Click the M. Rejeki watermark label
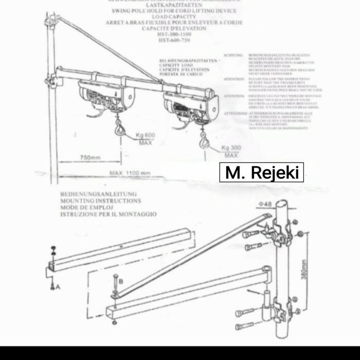[x=262, y=172]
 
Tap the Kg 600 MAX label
[x=146, y=138]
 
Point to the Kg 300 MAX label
[x=231, y=151]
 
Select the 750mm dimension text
[x=90, y=157]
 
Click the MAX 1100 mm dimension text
[x=130, y=173]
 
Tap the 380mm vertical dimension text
[x=304, y=267]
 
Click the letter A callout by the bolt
[x=58, y=287]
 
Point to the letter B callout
[x=120, y=281]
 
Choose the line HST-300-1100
[x=177, y=34]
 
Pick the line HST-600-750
[x=177, y=40]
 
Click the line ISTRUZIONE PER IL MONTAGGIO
[x=109, y=214]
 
